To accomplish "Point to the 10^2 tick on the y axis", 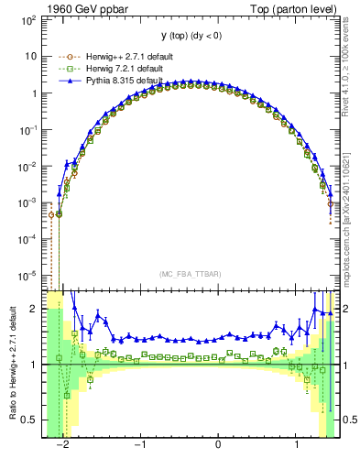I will point(27,20).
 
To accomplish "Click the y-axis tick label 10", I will point(30,56).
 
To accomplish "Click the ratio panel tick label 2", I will point(34,309).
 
